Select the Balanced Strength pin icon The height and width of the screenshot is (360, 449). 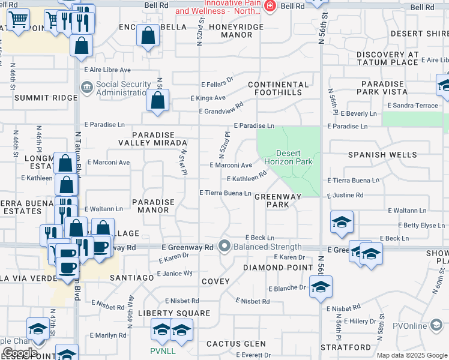[x=225, y=246]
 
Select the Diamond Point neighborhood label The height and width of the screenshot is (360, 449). [x=278, y=267]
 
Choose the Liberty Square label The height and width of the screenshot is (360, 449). [x=174, y=313]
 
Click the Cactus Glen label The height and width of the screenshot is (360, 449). [x=236, y=344]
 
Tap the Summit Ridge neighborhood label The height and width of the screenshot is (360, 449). [x=38, y=97]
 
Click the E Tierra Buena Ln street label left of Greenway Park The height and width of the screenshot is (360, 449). [x=225, y=193]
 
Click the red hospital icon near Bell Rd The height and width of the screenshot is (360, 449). [x=270, y=5]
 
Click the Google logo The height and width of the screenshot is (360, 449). [x=20, y=352]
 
